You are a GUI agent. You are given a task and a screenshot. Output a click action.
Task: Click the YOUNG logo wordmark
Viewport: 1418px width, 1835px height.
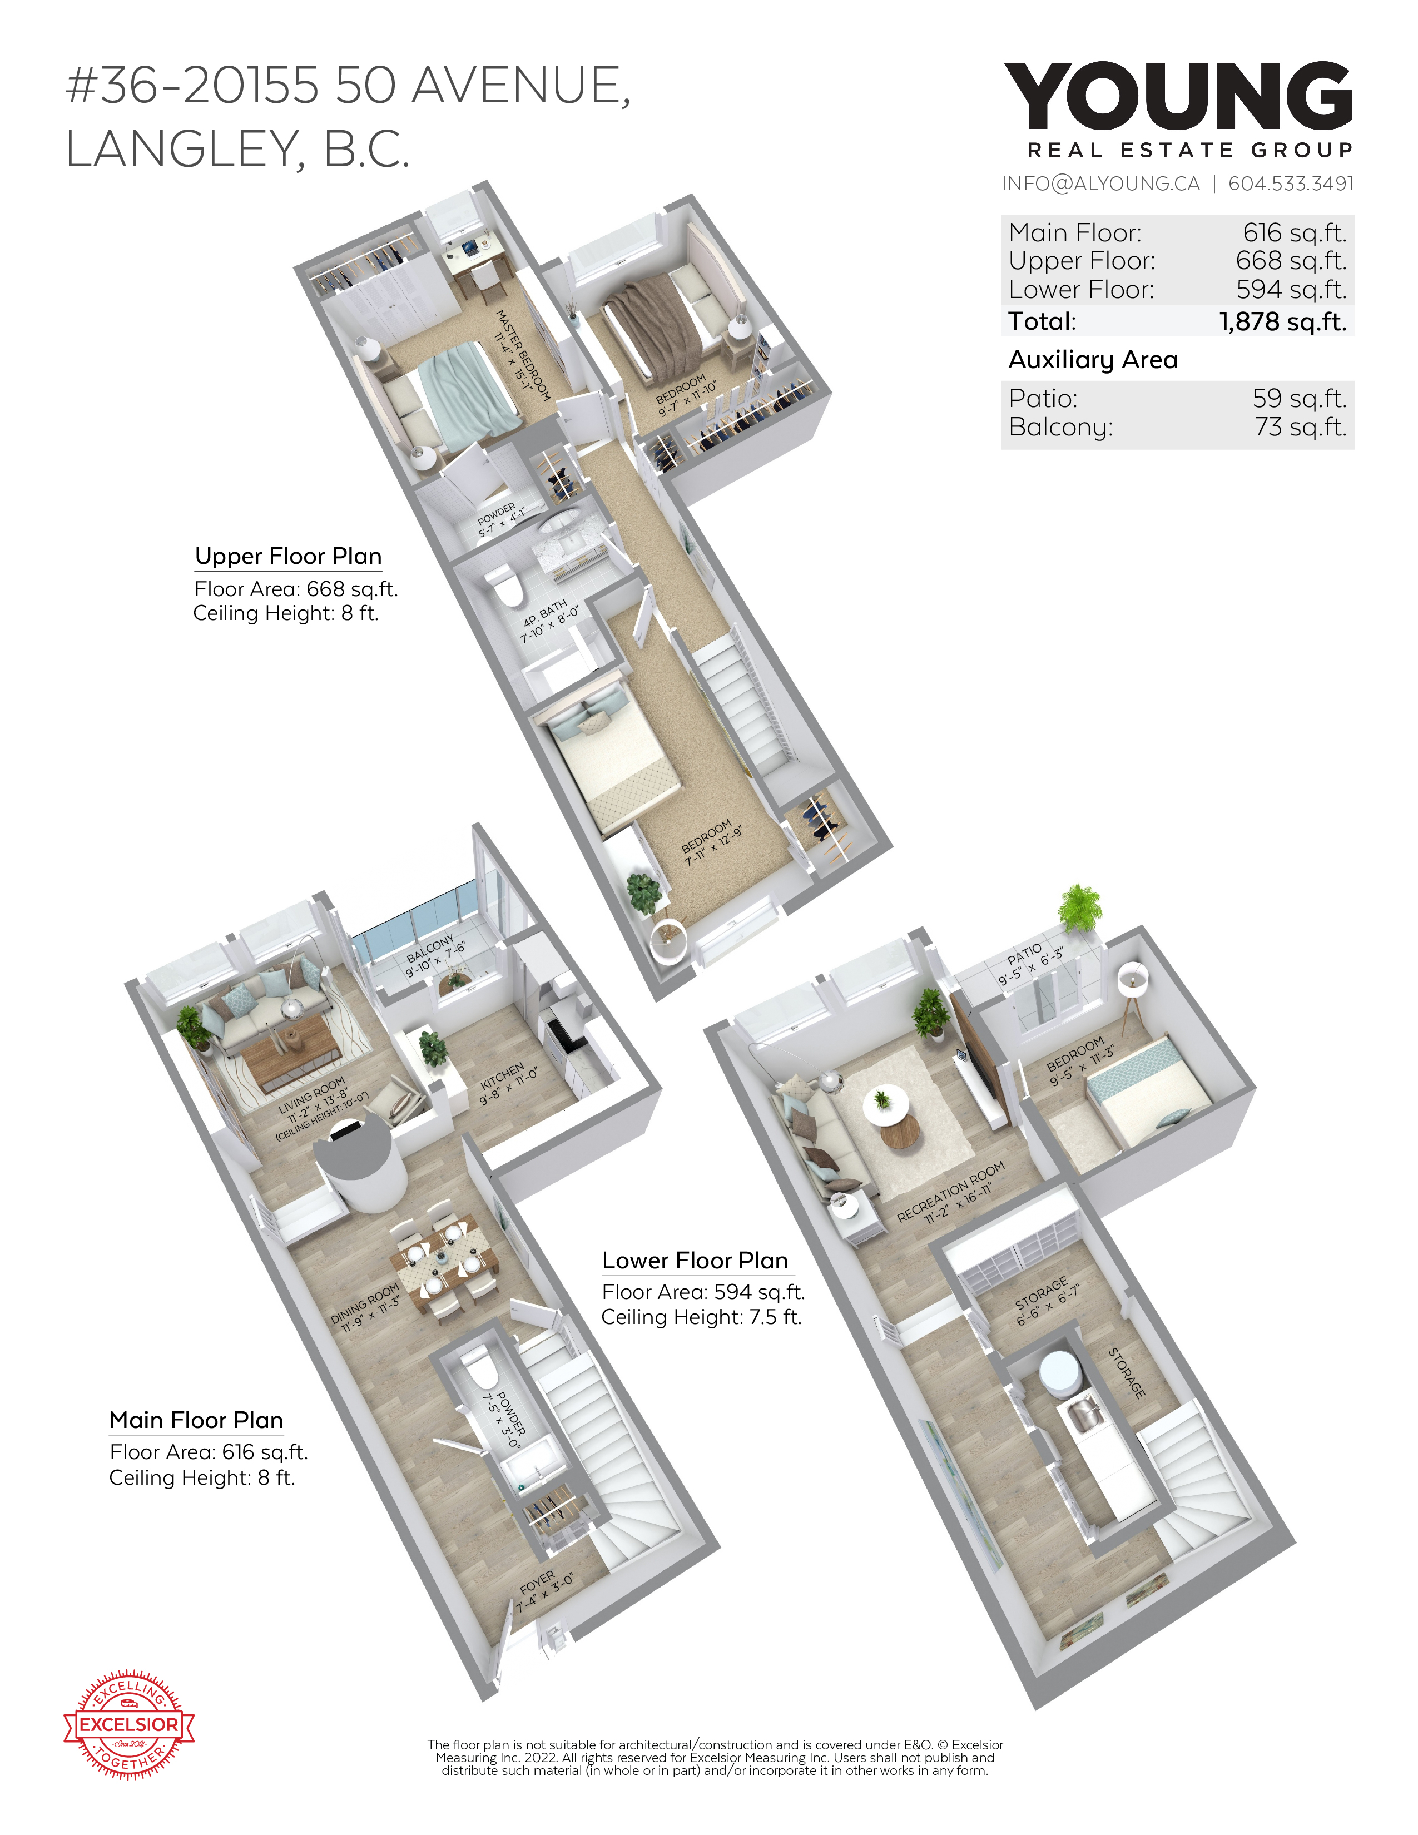tap(1178, 95)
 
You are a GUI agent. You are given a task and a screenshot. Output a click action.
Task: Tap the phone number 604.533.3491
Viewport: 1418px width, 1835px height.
tap(1291, 183)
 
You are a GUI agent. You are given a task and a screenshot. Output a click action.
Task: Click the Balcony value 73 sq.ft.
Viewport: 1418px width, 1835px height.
tap(1301, 427)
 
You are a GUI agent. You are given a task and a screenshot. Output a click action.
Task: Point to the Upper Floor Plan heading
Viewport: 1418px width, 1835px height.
tap(288, 556)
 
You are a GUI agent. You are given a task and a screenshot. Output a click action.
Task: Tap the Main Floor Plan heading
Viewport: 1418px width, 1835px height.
tap(196, 1420)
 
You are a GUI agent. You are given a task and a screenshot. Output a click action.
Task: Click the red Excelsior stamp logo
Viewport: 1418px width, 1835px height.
tap(130, 1725)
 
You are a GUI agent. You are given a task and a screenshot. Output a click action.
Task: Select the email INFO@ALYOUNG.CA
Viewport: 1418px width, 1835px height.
tap(1100, 183)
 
